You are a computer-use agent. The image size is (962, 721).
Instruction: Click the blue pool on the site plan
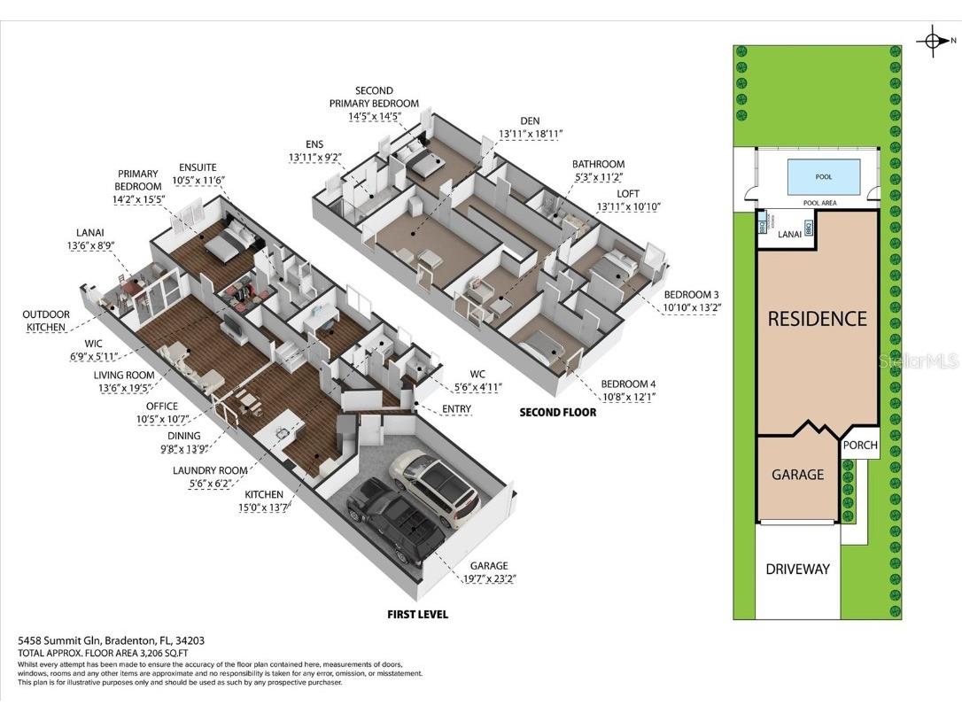(x=823, y=176)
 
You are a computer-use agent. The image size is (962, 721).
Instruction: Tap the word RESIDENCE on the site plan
(x=817, y=319)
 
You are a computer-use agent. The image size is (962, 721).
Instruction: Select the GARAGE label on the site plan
(x=797, y=475)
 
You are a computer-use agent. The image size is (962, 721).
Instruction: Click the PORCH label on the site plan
(x=859, y=446)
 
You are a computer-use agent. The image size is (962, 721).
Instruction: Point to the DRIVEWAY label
(x=797, y=569)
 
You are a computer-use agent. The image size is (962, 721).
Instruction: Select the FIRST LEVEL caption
(x=417, y=614)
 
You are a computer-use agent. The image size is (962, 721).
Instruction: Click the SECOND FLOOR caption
(x=557, y=412)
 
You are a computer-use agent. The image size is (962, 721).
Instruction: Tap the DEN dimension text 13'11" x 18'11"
(x=531, y=134)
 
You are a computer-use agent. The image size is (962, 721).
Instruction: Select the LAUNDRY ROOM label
(x=209, y=469)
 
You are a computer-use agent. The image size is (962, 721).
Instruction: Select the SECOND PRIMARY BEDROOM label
(x=374, y=97)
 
